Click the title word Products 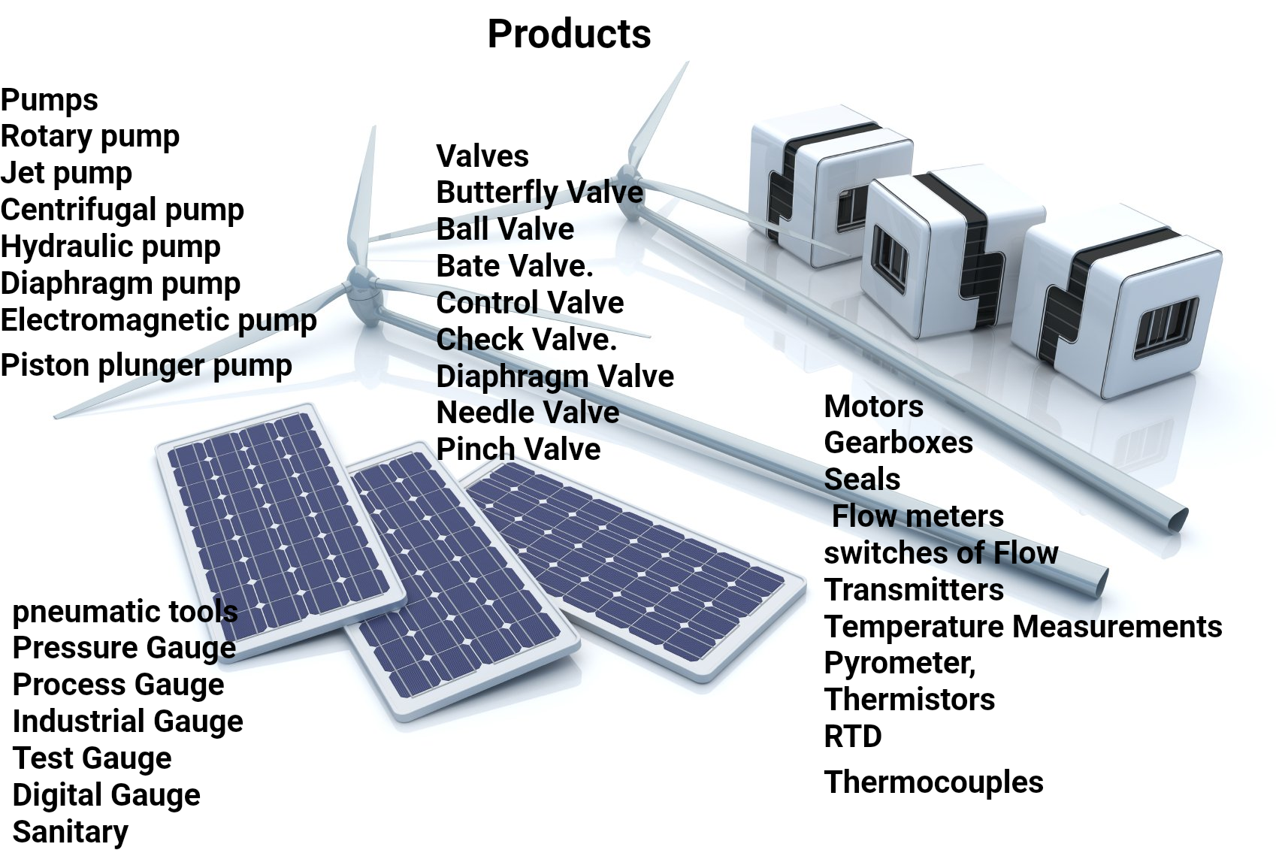[569, 34]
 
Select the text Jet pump [66, 173]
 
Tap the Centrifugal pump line [122, 210]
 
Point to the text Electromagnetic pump [158, 320]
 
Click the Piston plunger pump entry [146, 365]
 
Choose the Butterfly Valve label [539, 192]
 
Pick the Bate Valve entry [514, 266]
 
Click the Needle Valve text [528, 413]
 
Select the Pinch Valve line [518, 449]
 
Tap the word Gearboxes [898, 443]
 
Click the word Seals [862, 479]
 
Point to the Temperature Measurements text [1023, 627]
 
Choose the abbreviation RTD [852, 737]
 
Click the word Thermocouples [933, 782]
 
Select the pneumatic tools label [125, 612]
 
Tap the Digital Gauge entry [106, 795]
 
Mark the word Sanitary [70, 832]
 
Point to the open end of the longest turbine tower [1176, 518]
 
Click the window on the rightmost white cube [1166, 327]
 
